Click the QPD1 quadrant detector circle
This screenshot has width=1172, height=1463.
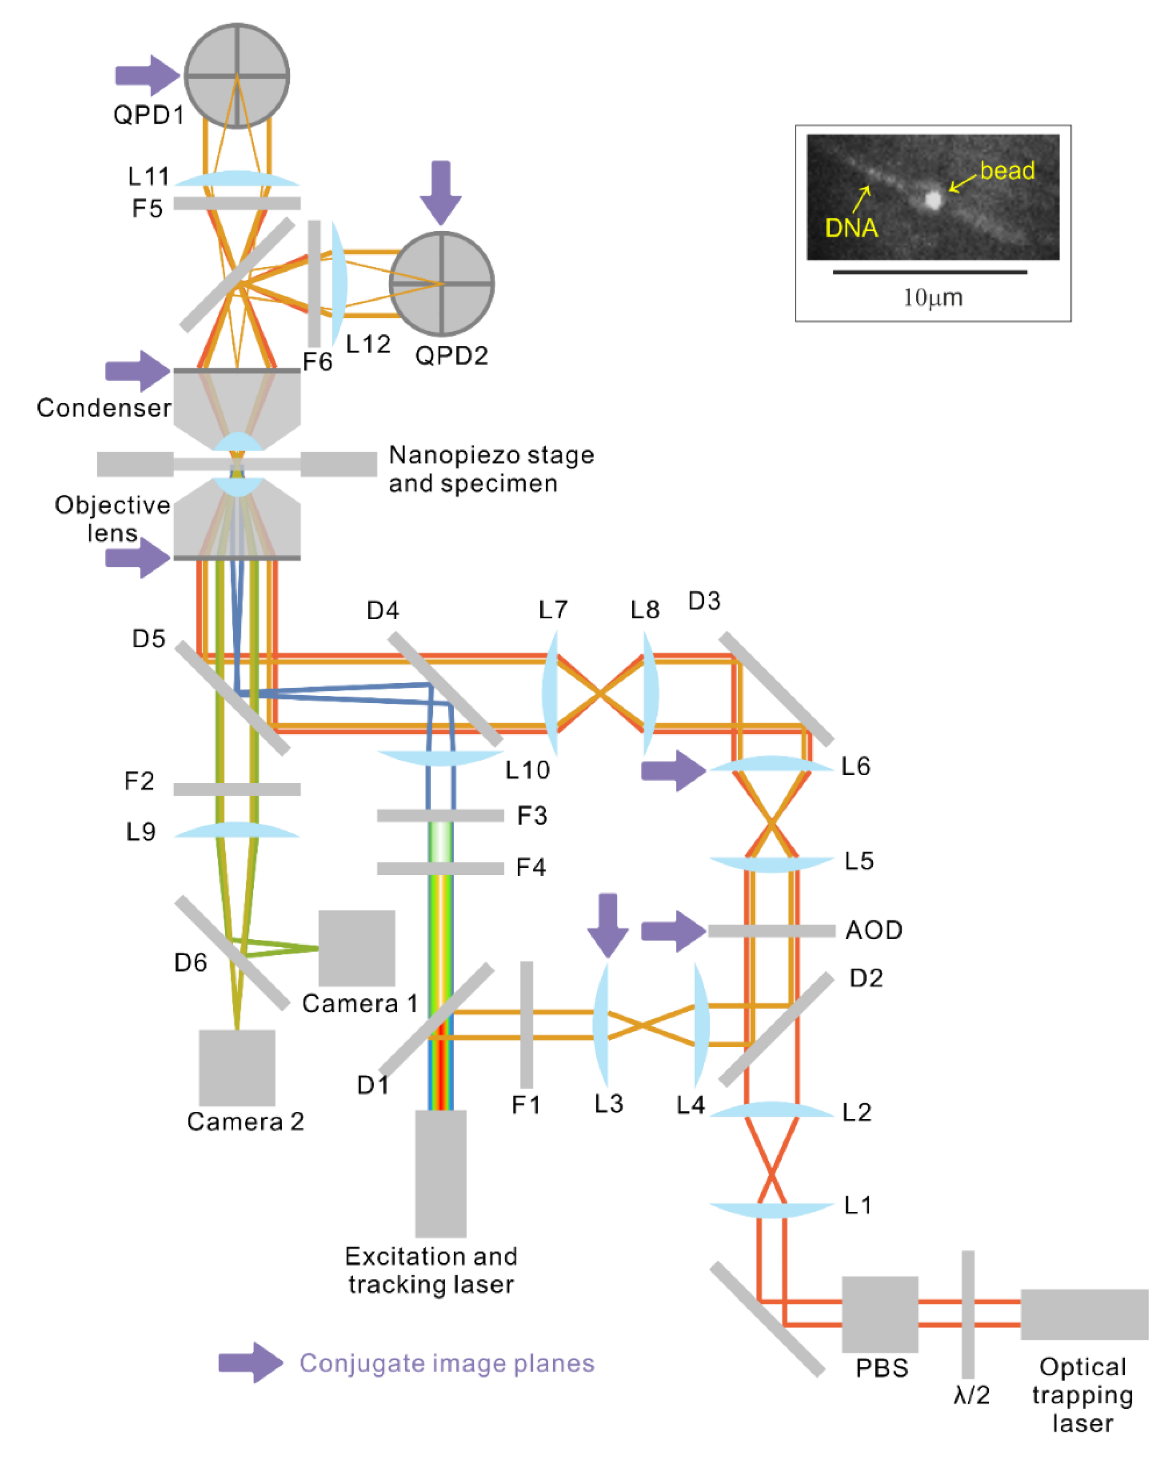tap(237, 76)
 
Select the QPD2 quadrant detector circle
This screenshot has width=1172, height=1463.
tap(441, 284)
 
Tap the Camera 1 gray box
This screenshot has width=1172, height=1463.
tap(357, 948)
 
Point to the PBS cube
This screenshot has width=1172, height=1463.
tap(880, 1314)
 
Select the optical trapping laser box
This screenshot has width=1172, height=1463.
tap(1084, 1314)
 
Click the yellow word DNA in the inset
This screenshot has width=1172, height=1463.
tap(851, 228)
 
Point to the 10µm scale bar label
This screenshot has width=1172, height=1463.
tap(933, 297)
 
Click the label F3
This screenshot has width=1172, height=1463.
tap(532, 816)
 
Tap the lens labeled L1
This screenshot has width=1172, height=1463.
tap(771, 1209)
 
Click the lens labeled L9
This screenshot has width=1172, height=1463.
tap(237, 830)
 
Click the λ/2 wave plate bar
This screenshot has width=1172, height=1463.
tap(968, 1314)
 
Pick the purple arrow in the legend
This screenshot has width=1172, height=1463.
tap(249, 1362)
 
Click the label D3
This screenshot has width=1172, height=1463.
tap(704, 601)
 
